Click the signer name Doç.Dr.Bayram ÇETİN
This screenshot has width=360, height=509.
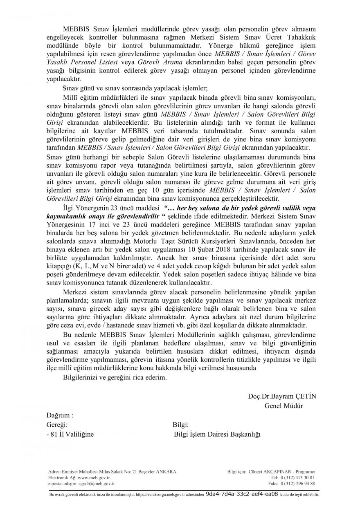(x=282, y=396)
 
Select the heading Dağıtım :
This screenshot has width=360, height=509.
(x=60, y=415)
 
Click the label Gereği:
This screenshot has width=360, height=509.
(x=59, y=424)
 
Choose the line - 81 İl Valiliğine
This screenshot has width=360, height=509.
(x=70, y=434)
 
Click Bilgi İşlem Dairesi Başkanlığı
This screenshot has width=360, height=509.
(x=217, y=434)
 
